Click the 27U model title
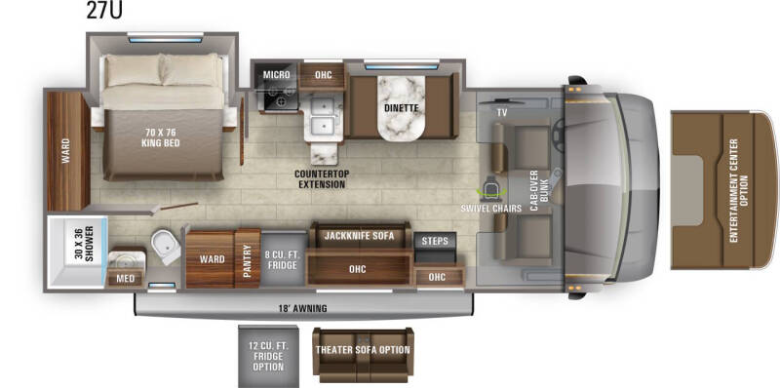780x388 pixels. click(x=104, y=11)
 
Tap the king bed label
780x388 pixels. click(x=160, y=137)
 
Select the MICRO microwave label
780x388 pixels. click(x=276, y=75)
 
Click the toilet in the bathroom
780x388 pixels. click(x=166, y=246)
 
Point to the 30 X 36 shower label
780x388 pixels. click(x=85, y=245)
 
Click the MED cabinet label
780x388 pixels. click(x=126, y=279)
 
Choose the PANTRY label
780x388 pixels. click(x=248, y=258)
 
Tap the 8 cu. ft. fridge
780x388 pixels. click(x=284, y=258)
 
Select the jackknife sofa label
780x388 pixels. click(x=359, y=236)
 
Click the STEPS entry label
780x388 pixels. click(x=435, y=241)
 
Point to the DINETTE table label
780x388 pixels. click(x=401, y=107)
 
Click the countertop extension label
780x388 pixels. click(x=322, y=179)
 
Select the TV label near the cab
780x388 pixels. click(x=502, y=113)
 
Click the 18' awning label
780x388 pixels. click(x=302, y=308)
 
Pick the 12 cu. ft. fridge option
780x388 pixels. click(x=268, y=355)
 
